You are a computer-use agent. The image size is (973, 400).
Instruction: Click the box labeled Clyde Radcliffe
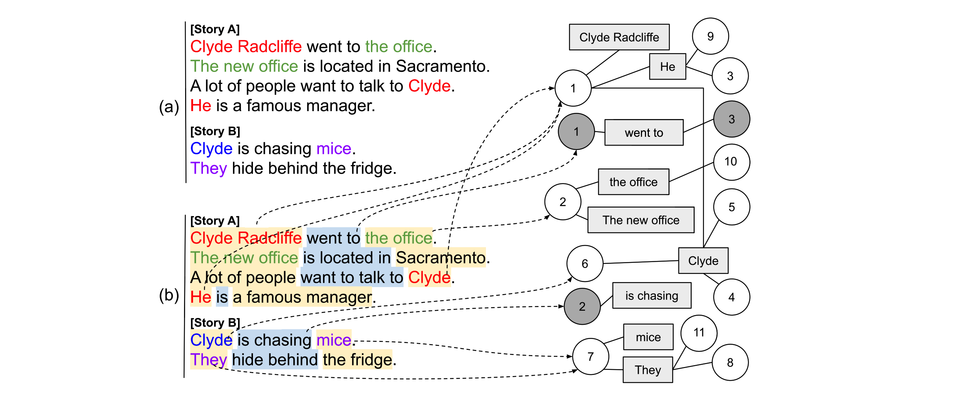(x=619, y=37)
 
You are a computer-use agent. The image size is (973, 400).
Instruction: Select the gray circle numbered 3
(x=731, y=119)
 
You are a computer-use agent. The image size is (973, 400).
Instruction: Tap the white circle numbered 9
(x=710, y=36)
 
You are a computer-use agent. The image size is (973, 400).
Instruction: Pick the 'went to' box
(x=643, y=132)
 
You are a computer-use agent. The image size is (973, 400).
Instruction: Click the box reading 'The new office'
(x=641, y=220)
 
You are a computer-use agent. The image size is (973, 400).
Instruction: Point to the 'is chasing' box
(x=651, y=295)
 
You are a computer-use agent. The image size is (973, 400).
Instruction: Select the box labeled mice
(x=648, y=337)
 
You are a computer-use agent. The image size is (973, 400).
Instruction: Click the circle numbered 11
(x=698, y=333)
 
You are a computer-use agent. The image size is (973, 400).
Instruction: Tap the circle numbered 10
(x=731, y=162)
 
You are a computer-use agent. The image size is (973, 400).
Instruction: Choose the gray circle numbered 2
(x=582, y=306)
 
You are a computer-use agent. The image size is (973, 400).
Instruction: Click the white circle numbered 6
(x=584, y=263)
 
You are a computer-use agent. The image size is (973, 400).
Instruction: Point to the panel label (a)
(x=168, y=106)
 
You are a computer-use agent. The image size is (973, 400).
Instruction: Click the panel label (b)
(x=168, y=295)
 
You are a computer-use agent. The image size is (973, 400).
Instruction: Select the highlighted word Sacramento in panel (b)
(x=441, y=258)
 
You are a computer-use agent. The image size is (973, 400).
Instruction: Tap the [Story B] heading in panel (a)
(x=215, y=131)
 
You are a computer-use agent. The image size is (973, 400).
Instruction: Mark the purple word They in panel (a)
(x=208, y=168)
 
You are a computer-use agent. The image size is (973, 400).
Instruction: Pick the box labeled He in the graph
(x=667, y=66)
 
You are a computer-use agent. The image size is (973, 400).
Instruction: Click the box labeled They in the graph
(x=647, y=370)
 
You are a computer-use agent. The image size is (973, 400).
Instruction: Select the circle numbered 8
(x=730, y=363)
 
